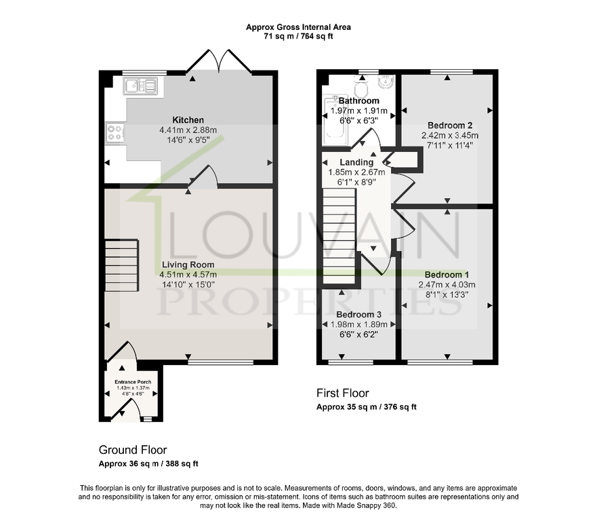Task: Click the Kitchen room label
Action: (x=188, y=119)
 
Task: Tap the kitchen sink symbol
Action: (x=140, y=86)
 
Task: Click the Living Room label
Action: (x=188, y=265)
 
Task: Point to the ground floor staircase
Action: (x=121, y=265)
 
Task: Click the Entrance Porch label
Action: (x=133, y=381)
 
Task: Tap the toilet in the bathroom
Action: (x=361, y=88)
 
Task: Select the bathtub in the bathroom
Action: (x=335, y=120)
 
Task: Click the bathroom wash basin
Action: (x=386, y=81)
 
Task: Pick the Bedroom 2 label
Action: (x=450, y=126)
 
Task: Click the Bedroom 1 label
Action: (x=447, y=275)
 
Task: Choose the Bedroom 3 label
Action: (x=358, y=314)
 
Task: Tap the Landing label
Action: (x=356, y=162)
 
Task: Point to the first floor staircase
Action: (x=339, y=236)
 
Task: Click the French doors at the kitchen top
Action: (x=219, y=61)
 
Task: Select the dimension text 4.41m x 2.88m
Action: (x=188, y=130)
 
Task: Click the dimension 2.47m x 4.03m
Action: (x=447, y=285)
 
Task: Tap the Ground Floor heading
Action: (x=133, y=450)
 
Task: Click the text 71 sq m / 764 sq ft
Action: (x=298, y=36)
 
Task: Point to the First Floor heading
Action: (x=343, y=393)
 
